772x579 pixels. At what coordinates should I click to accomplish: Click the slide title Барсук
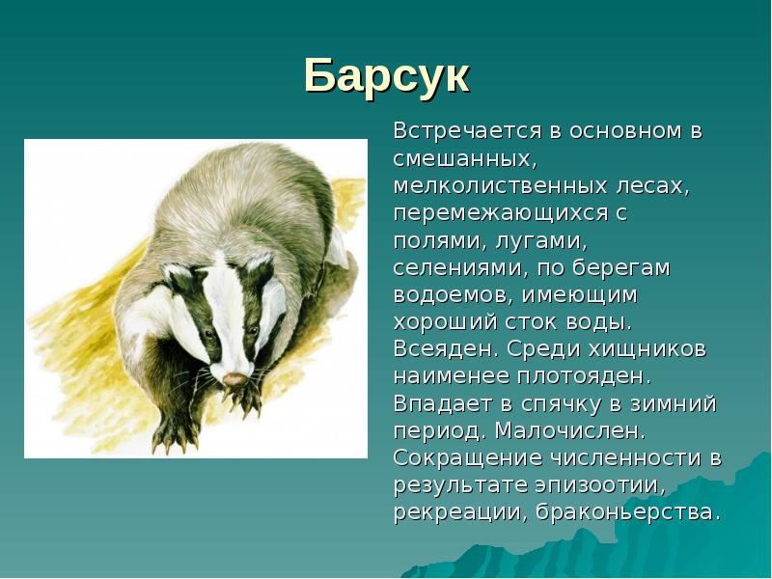point(386,75)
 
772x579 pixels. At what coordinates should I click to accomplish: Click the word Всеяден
point(440,347)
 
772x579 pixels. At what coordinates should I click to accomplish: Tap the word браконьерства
point(627,510)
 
